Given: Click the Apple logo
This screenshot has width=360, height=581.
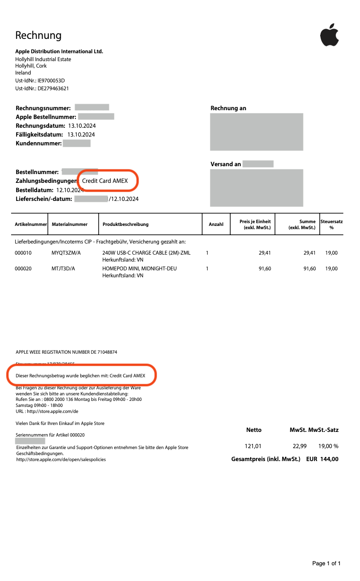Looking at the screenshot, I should click(329, 36).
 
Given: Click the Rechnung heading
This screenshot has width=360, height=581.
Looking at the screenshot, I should click(38, 35).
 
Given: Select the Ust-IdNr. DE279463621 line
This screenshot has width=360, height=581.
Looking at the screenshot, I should click(42, 88).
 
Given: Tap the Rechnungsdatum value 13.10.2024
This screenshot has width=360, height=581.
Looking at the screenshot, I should click(82, 125).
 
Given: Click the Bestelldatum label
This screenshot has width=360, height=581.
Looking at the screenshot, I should click(34, 190).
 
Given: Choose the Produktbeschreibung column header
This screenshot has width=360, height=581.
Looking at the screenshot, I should click(126, 225).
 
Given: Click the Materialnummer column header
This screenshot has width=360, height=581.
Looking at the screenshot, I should click(69, 225).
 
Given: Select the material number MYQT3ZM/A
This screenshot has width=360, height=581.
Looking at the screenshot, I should click(66, 253).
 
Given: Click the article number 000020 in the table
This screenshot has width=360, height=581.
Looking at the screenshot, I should click(23, 269).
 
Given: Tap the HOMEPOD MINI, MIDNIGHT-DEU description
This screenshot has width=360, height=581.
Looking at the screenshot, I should click(139, 269).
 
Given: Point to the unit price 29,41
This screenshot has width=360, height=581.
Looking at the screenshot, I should click(264, 253).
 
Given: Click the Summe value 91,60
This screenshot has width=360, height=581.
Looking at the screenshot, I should click(309, 269).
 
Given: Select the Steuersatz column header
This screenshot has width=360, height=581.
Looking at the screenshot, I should click(331, 225).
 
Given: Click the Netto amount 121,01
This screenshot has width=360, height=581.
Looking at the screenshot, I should click(253, 446).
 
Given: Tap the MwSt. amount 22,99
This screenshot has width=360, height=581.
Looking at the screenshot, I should click(300, 446).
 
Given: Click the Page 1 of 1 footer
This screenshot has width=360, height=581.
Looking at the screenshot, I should click(326, 563).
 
